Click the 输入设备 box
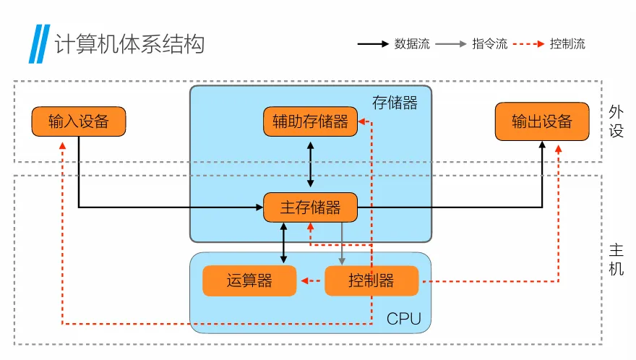pyautogui.click(x=79, y=121)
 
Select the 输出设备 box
pyautogui.click(x=541, y=121)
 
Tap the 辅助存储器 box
pyautogui.click(x=310, y=121)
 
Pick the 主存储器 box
pyautogui.click(x=310, y=208)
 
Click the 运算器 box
pyautogui.click(x=249, y=281)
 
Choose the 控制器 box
pyautogui.click(x=371, y=281)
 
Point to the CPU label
pyautogui.click(x=403, y=319)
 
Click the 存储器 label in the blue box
pyautogui.click(x=395, y=103)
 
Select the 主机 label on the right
pyautogui.click(x=616, y=260)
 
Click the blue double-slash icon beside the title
pyautogui.click(x=38, y=45)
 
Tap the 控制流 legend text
pyautogui.click(x=567, y=44)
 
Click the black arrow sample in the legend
pyautogui.click(x=374, y=44)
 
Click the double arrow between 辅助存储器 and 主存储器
pyautogui.click(x=310, y=165)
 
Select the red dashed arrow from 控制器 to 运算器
pyautogui.click(x=311, y=281)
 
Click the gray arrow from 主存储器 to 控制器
pyautogui.click(x=342, y=244)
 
